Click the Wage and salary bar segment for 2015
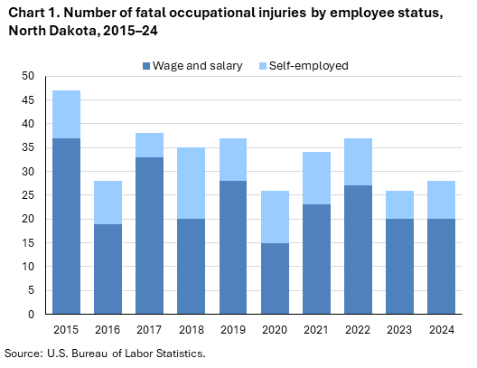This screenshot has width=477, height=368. (66, 226)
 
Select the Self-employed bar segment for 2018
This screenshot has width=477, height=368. (192, 183)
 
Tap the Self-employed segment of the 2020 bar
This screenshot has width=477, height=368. (276, 216)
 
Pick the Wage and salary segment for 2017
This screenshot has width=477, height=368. (150, 235)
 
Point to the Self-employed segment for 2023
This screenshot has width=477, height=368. (401, 204)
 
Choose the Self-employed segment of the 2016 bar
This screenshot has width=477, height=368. (108, 202)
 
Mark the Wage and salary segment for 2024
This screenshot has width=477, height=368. (443, 266)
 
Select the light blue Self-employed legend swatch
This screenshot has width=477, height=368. (262, 66)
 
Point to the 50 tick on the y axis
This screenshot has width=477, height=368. (29, 76)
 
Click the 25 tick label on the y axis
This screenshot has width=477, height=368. (29, 195)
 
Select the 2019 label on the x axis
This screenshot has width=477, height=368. (233, 329)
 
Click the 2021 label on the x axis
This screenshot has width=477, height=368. (317, 329)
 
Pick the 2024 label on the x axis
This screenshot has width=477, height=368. (443, 329)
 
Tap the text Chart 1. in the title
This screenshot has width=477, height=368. (32, 12)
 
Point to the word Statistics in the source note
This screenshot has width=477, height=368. (177, 353)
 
